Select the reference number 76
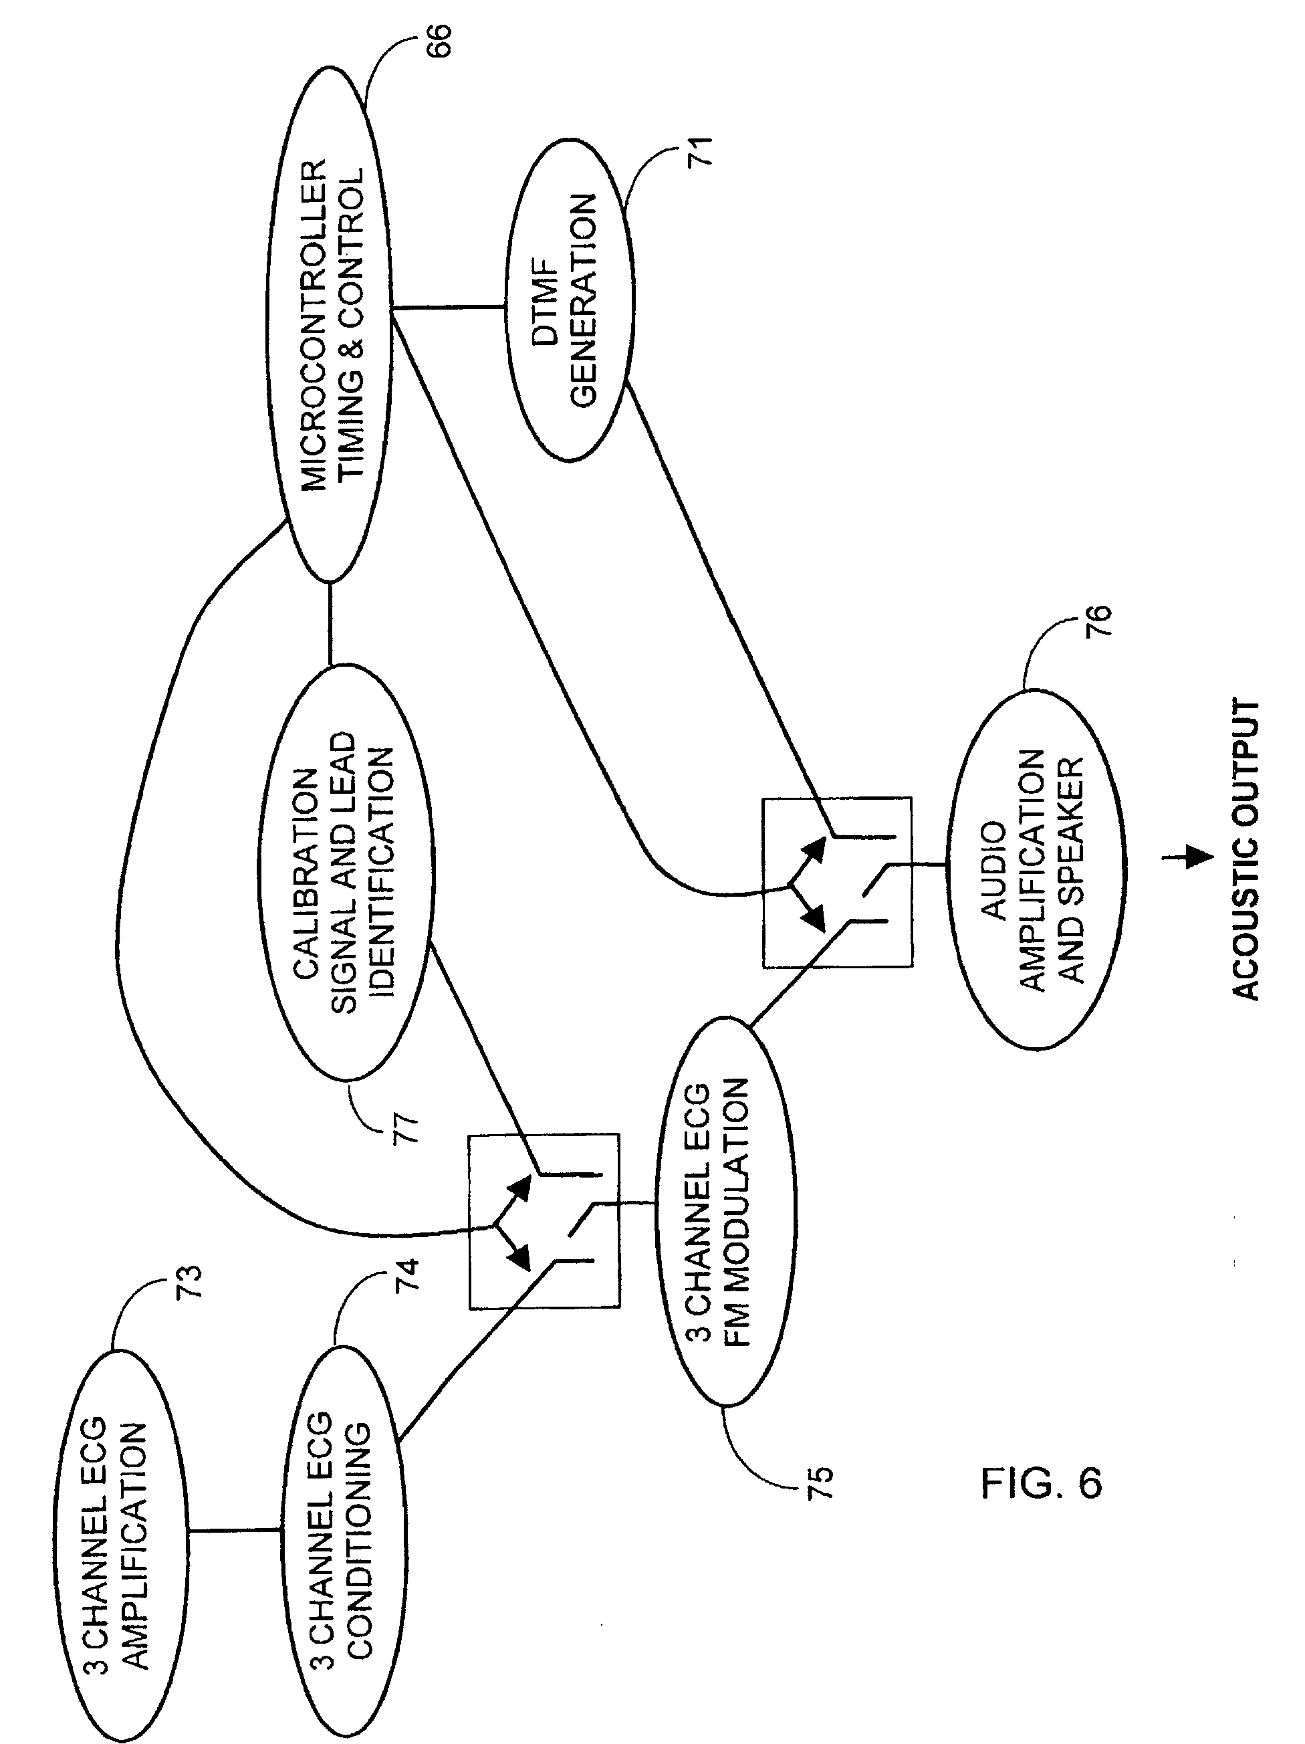(x=1097, y=621)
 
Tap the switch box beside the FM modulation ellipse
(x=544, y=1221)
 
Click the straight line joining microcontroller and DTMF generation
(x=449, y=307)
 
